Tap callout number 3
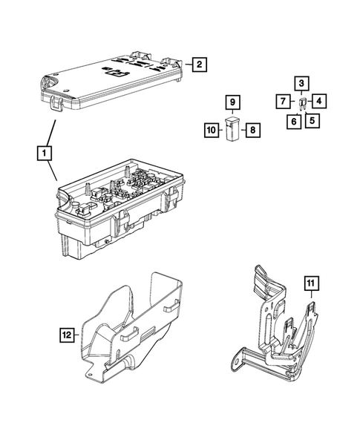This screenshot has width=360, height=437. [301, 83]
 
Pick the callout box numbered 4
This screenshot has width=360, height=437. [318, 100]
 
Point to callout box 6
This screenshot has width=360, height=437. [294, 120]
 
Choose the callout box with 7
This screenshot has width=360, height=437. [284, 100]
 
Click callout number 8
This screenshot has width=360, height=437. [252, 131]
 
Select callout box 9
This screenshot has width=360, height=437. [232, 101]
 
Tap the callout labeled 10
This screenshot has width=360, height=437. [211, 131]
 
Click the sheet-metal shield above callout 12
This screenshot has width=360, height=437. [137, 326]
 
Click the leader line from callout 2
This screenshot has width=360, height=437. [186, 65]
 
